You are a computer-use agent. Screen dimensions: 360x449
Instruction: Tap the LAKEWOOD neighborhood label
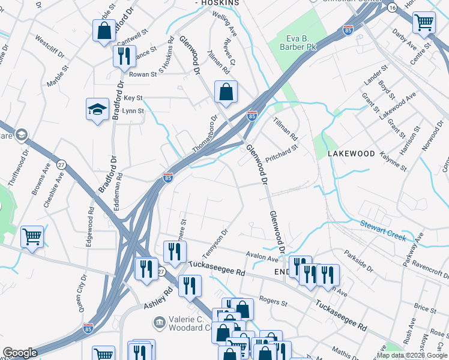click(x=351, y=154)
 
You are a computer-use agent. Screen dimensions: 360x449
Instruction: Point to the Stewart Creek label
click(x=383, y=229)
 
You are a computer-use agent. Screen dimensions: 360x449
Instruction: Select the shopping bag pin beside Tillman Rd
click(x=226, y=93)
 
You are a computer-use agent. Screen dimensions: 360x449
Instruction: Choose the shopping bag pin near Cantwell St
click(x=104, y=31)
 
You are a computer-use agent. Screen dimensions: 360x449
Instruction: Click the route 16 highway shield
click(x=392, y=7)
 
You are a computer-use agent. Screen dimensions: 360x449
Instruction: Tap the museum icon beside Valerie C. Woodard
click(x=160, y=323)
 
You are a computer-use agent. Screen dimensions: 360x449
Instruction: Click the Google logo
click(x=20, y=353)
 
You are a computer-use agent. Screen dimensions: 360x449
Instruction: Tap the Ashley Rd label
click(x=158, y=298)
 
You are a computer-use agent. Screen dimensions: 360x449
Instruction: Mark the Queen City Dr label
click(x=82, y=296)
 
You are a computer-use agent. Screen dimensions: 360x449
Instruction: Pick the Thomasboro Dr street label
click(x=204, y=132)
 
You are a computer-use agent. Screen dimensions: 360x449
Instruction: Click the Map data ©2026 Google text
click(x=412, y=355)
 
